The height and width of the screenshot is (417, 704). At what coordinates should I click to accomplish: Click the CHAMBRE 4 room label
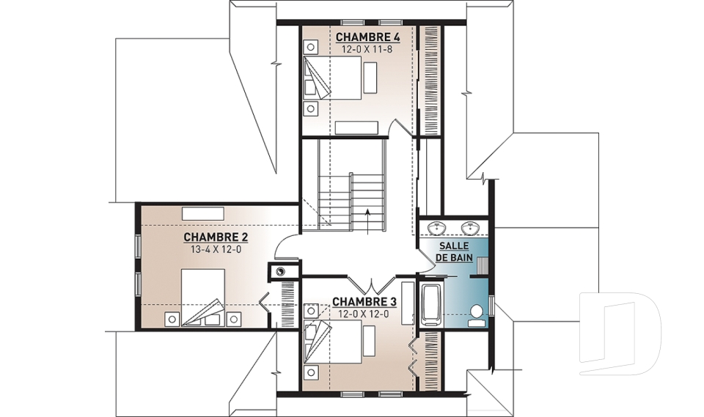pyautogui.click(x=367, y=37)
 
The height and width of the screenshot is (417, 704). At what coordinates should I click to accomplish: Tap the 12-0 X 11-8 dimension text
pyautogui.click(x=367, y=49)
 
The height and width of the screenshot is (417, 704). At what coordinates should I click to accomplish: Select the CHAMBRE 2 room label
pyautogui.click(x=216, y=237)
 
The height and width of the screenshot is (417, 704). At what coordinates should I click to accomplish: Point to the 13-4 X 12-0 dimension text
pyautogui.click(x=216, y=249)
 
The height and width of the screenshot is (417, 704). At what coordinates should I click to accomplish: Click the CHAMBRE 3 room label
pyautogui.click(x=364, y=301)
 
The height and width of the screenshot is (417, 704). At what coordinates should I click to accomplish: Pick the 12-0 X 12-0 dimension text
pyautogui.click(x=364, y=314)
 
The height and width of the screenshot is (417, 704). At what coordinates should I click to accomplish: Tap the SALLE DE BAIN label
pyautogui.click(x=454, y=252)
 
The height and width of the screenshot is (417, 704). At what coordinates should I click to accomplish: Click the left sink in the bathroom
pyautogui.click(x=436, y=228)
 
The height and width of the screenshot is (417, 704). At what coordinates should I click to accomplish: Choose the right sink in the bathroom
pyautogui.click(x=470, y=228)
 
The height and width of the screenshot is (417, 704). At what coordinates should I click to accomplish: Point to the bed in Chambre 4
pyautogui.click(x=333, y=78)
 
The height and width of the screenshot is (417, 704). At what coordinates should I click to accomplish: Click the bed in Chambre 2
pyautogui.click(x=203, y=297)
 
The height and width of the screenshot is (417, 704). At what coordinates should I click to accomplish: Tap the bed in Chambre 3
pyautogui.click(x=333, y=342)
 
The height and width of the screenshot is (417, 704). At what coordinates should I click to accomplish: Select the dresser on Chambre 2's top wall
pyautogui.click(x=202, y=213)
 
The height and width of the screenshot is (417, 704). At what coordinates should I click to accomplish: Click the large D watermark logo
pyautogui.click(x=620, y=333)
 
